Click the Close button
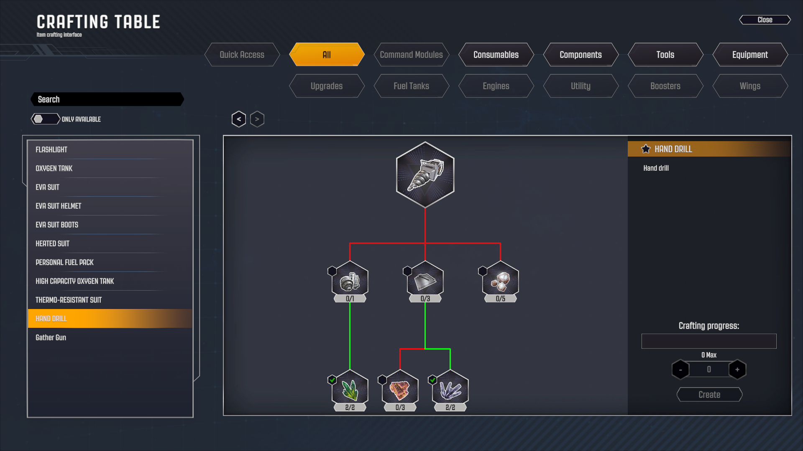[x=765, y=20]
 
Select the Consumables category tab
[x=496, y=55]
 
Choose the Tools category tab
[x=665, y=55]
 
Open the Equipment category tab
[x=749, y=55]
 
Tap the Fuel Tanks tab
[x=411, y=86]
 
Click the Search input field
[x=107, y=99]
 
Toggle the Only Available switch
[x=45, y=119]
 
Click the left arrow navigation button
[x=239, y=119]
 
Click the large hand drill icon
[x=425, y=175]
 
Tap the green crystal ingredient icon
[x=350, y=389]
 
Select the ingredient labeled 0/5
[x=500, y=280]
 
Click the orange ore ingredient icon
[x=400, y=389]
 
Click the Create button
[x=709, y=395]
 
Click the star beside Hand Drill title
[x=646, y=149]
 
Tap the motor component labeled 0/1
[x=350, y=280]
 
